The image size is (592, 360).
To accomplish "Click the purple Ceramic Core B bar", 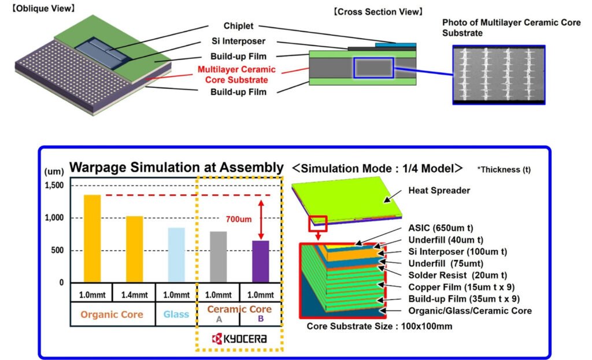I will tap(260, 261).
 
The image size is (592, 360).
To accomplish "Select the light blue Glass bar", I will tap(176, 255).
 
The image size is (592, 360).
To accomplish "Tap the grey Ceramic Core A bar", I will tap(219, 257).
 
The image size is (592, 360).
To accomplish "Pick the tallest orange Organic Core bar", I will tap(92, 239).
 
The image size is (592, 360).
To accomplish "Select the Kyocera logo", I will tap(239, 339).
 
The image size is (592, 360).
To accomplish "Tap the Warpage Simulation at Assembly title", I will tap(176, 168).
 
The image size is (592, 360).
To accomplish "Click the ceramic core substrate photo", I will tap(498, 75).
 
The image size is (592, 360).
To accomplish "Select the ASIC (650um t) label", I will tap(445, 228).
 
